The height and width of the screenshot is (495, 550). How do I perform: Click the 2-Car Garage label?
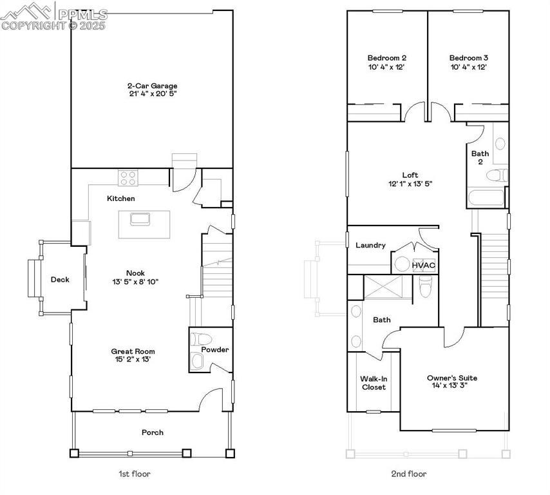pos(152,86)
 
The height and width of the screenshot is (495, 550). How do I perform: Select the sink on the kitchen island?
pos(140,218)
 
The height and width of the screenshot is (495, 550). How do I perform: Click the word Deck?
pos(60,279)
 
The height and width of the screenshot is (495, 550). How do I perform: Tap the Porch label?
pos(153,432)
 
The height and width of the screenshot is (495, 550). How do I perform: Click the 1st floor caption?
pos(134,474)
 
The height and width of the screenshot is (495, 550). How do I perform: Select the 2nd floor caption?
pos(409,474)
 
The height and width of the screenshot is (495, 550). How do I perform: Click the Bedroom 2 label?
pos(386,57)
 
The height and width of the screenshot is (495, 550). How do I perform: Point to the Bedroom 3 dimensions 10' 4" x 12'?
pos(468,66)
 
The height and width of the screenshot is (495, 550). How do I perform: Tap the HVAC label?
pos(423,264)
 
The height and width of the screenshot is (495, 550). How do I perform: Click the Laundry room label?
pos(370,245)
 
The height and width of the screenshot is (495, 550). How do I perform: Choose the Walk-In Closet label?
pos(374,383)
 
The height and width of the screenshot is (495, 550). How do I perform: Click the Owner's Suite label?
pos(452,378)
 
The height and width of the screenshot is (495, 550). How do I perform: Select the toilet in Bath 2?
pos(497,175)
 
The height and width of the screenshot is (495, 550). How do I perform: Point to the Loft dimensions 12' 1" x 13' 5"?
pos(410,183)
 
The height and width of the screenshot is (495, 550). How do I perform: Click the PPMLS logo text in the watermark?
pos(82,12)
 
